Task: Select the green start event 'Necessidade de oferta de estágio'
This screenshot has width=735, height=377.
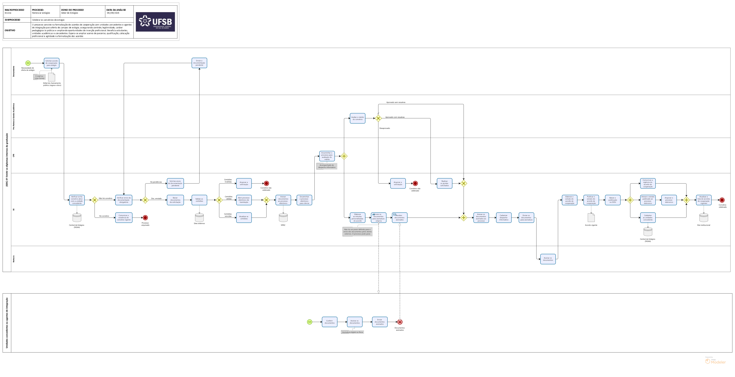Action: (28, 63)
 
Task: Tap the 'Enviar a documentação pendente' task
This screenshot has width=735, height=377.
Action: (199, 63)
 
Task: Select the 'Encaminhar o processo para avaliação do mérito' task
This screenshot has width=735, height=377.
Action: (327, 156)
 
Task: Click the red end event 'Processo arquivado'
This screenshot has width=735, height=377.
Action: (145, 218)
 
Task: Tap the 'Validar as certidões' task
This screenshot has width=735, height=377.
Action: (199, 200)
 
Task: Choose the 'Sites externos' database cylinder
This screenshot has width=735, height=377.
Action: (199, 218)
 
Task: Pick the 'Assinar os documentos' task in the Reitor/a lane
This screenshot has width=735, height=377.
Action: (548, 259)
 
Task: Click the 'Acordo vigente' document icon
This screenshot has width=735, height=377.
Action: (591, 218)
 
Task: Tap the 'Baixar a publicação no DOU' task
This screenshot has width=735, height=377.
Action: (613, 200)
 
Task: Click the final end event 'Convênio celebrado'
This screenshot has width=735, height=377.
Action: (722, 200)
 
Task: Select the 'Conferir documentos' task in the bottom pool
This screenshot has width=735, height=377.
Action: (330, 322)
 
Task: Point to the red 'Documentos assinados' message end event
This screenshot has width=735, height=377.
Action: (400, 322)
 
